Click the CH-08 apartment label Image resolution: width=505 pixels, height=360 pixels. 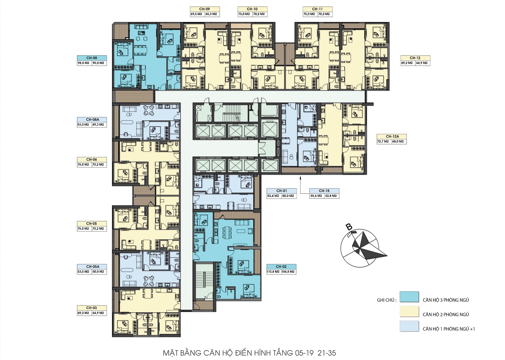pyautogui.click(x=92, y=58)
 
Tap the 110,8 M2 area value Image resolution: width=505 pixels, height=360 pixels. pyautogui.click(x=273, y=272)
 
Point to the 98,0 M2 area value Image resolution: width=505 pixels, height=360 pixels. pyautogui.click(x=84, y=63)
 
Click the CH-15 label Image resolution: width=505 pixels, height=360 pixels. pyautogui.click(x=324, y=191)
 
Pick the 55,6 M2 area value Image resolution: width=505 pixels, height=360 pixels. pyautogui.click(x=316, y=196)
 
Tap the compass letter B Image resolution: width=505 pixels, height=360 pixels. pyautogui.click(x=349, y=227)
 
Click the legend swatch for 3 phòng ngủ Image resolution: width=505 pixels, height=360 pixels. pyautogui.click(x=409, y=297)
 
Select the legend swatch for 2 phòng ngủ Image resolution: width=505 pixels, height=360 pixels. pyautogui.click(x=409, y=311)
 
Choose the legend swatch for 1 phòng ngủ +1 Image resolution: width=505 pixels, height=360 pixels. pyautogui.click(x=409, y=326)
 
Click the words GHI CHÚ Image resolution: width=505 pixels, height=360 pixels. pyautogui.click(x=386, y=300)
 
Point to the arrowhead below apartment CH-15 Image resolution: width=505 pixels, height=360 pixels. pyautogui.click(x=300, y=178)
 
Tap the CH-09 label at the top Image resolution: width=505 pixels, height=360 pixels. pyautogui.click(x=204, y=9)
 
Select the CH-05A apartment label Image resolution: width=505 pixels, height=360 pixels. pyautogui.click(x=92, y=267)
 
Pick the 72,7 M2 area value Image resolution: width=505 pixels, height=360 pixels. pyautogui.click(x=383, y=142)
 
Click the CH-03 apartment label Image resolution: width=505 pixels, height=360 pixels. pyautogui.click(x=92, y=308)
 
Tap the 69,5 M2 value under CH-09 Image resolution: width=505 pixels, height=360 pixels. pyautogui.click(x=196, y=14)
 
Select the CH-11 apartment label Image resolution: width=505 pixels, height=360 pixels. pyautogui.click(x=317, y=9)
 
